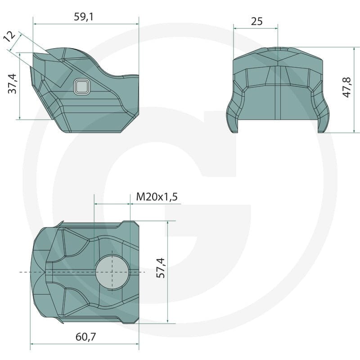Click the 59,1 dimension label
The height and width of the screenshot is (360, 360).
click(84, 17)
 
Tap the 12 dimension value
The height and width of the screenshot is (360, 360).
click(9, 36)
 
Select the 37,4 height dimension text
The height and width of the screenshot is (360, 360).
click(13, 84)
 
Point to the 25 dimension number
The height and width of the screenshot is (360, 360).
click(256, 21)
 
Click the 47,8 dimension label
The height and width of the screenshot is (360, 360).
click(347, 87)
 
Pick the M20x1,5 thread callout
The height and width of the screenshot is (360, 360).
click(157, 197)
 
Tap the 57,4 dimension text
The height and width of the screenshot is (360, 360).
click(161, 268)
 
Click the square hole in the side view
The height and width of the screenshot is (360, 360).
click(82, 87)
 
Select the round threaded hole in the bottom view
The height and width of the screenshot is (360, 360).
click(112, 272)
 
